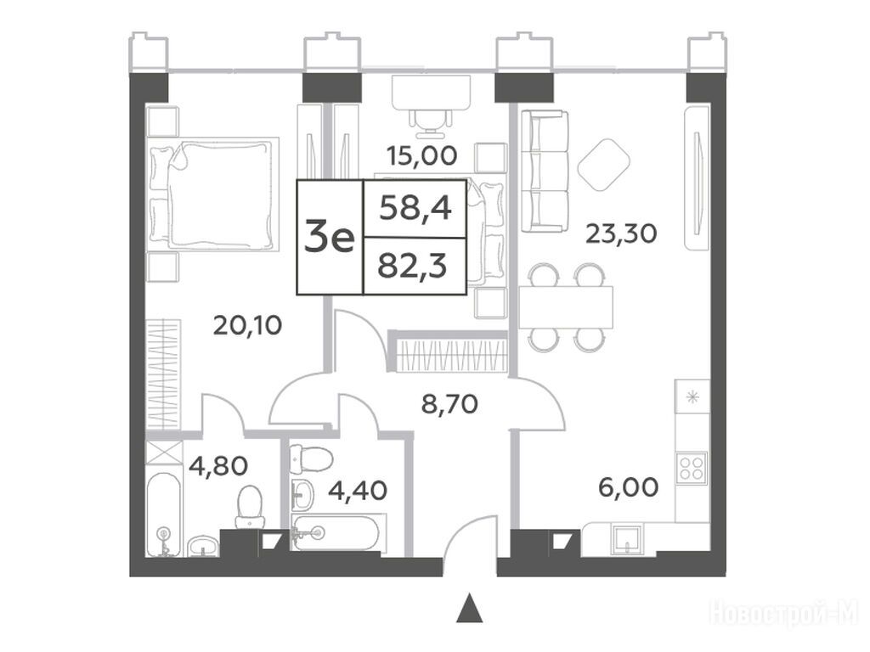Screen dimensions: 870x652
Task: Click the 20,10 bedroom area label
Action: pos(247,325)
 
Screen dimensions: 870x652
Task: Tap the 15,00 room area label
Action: pos(422,156)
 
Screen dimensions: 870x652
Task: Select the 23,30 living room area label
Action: pos(621,233)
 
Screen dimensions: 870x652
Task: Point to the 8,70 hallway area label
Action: pos(449,405)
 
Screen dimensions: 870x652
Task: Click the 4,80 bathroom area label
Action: pos(218,466)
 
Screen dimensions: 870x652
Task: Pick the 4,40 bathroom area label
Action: pos(358,491)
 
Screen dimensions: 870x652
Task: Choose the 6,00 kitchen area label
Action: pos(629,487)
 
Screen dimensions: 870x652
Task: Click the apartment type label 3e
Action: pos(330,239)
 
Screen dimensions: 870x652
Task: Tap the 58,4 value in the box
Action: pos(415,210)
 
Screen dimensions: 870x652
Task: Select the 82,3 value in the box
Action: pos(413,267)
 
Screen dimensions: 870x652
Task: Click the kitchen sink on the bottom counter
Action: pos(628,539)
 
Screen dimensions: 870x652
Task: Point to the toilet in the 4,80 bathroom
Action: pos(249,507)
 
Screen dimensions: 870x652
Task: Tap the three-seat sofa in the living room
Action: pos(545,170)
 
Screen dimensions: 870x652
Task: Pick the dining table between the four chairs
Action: pos(566,307)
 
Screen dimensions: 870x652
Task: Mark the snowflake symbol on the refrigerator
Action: pos(692,397)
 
